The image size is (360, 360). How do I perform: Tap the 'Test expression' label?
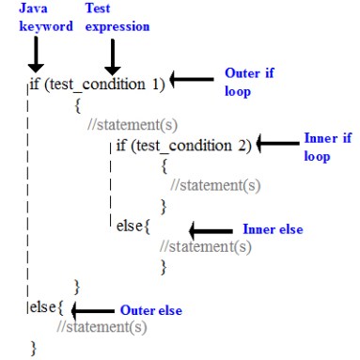point(117,18)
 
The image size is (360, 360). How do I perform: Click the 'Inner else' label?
point(273,228)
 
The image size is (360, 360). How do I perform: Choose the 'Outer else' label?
point(150,309)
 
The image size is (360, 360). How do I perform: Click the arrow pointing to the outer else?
point(92,309)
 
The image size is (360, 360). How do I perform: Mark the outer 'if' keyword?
point(35,84)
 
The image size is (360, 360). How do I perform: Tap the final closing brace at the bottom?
point(33,349)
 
